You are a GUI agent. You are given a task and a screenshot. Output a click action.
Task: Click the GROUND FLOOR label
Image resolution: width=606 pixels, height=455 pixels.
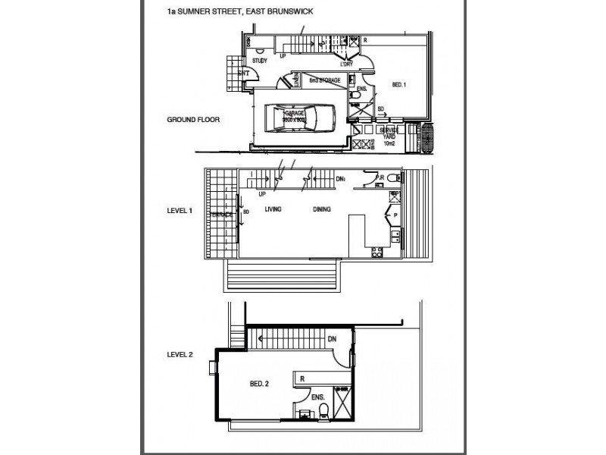click(193, 120)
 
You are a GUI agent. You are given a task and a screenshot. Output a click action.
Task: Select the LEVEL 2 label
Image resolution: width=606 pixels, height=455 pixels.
click(182, 354)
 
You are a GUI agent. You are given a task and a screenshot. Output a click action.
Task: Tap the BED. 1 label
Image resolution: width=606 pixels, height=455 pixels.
click(399, 84)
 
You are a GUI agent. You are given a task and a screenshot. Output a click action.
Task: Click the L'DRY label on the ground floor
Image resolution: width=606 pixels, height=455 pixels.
click(348, 63)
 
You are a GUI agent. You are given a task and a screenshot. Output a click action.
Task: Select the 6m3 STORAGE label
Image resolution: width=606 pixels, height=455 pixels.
click(323, 79)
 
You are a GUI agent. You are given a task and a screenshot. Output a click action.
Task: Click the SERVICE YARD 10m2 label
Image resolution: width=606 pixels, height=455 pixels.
click(389, 135)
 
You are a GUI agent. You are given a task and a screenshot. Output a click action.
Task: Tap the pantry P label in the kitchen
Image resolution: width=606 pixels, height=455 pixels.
click(395, 215)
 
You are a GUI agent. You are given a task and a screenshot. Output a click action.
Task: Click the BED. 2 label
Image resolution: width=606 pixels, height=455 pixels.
click(259, 384)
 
